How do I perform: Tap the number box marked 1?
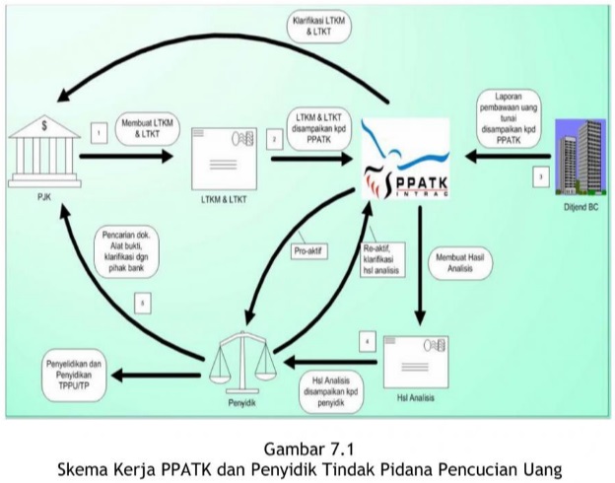[x=98, y=130]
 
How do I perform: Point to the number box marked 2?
[x=273, y=141]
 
